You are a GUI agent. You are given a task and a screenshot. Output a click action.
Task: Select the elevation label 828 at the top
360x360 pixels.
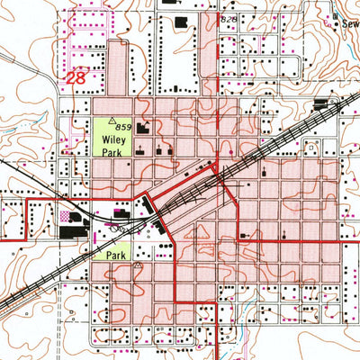click(x=229, y=19)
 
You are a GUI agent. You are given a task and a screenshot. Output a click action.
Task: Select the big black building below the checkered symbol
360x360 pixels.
click(x=69, y=231)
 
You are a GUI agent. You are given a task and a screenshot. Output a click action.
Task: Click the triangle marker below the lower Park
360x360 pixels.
click(x=138, y=267)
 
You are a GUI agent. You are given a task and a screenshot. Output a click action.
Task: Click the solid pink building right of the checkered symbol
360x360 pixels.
click(x=120, y=212)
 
